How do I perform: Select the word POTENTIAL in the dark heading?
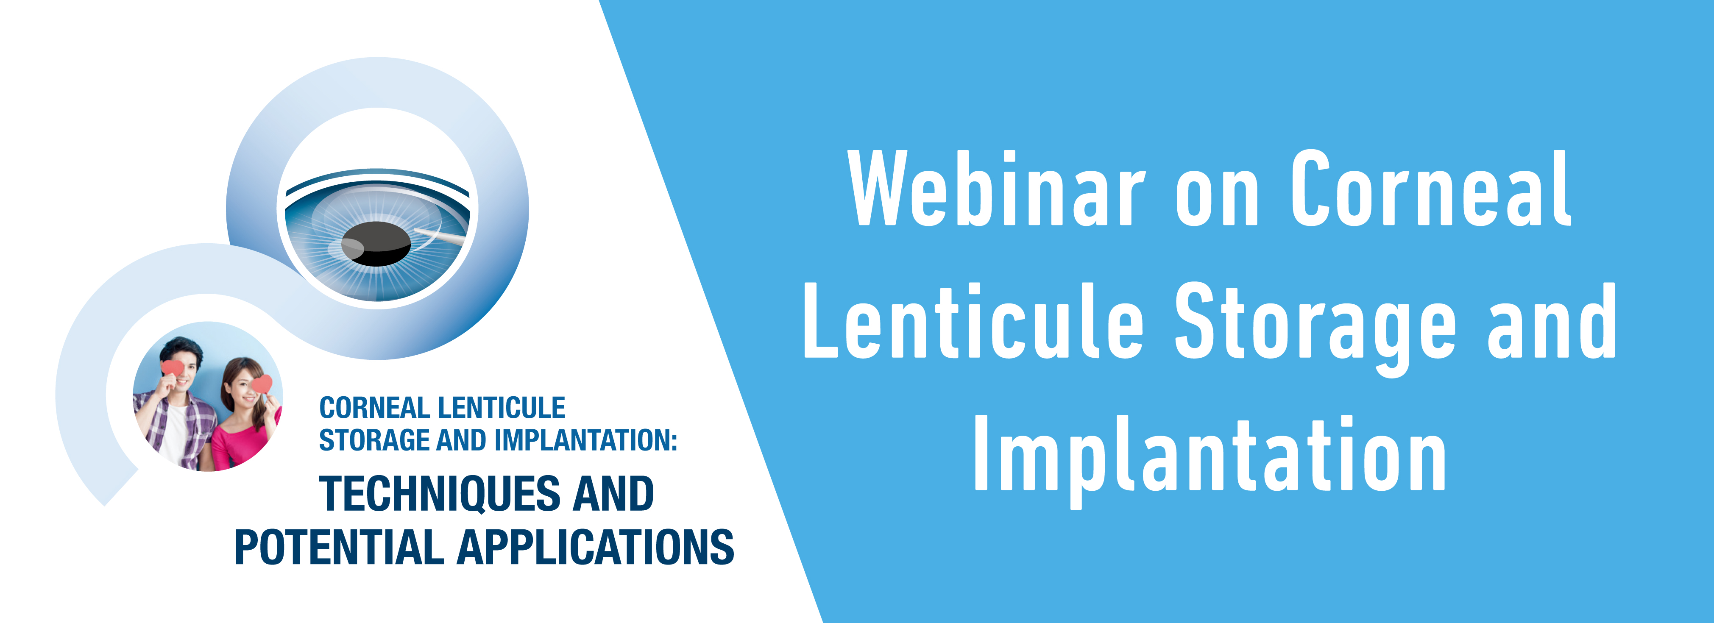click(x=339, y=547)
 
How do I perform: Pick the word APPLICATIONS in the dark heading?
click(x=596, y=547)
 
